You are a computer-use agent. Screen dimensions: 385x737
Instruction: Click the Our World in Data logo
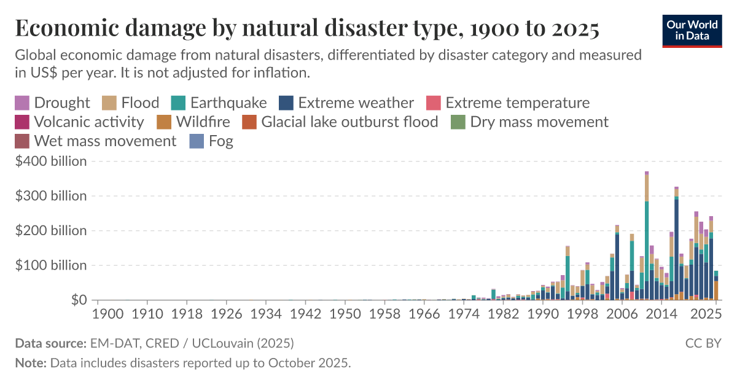(x=692, y=29)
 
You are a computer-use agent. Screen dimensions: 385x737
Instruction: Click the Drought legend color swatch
(x=21, y=103)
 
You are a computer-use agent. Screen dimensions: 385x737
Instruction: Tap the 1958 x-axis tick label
(x=385, y=314)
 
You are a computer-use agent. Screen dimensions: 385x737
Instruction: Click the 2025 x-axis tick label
(x=706, y=314)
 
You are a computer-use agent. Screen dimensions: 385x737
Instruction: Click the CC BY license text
(x=703, y=343)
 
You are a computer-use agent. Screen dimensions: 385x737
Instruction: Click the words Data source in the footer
(x=50, y=343)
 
